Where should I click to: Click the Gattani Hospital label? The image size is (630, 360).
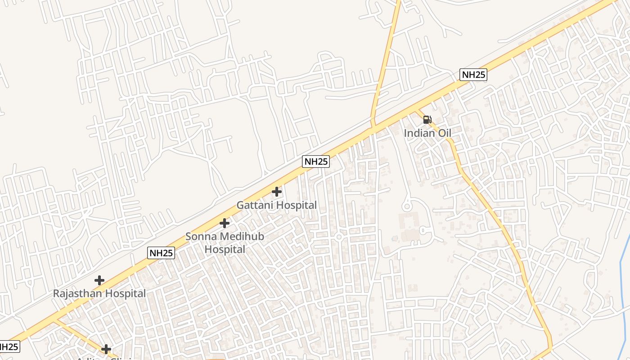[276, 205]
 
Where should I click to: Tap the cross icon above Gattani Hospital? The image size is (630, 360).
[277, 192]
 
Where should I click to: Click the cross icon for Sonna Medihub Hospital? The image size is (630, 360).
[224, 223]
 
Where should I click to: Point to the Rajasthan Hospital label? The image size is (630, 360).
[99, 294]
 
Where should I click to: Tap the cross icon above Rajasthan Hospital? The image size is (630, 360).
[99, 280]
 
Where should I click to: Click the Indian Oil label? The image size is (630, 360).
[427, 133]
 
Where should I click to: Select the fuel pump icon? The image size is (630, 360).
[427, 120]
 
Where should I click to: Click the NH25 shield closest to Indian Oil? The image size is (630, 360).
[473, 75]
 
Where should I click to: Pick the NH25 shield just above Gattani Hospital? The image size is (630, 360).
[316, 162]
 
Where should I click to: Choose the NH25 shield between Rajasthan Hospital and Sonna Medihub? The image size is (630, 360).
[161, 253]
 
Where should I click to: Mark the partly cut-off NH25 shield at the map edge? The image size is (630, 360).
[9, 347]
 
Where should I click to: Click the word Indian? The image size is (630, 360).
[419, 133]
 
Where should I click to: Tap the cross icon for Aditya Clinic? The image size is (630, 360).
[106, 349]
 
